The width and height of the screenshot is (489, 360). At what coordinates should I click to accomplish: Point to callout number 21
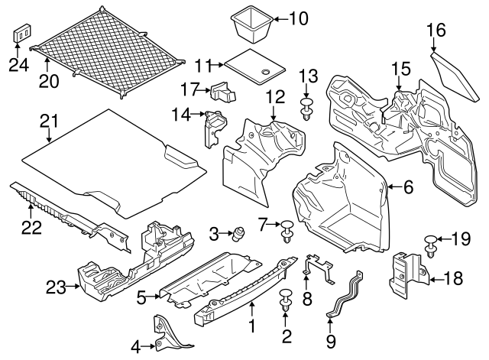click(x=49, y=121)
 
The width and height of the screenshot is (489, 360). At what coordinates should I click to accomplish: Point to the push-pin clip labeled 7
click(x=287, y=228)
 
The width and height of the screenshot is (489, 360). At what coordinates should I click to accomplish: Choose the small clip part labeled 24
click(x=21, y=34)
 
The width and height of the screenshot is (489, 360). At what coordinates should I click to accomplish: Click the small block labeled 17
click(x=222, y=92)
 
